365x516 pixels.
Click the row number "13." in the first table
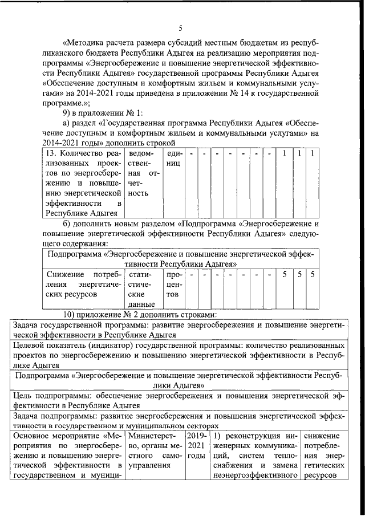click(49, 155)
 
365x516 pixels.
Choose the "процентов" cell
click(174, 285)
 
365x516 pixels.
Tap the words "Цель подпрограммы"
click(48, 396)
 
